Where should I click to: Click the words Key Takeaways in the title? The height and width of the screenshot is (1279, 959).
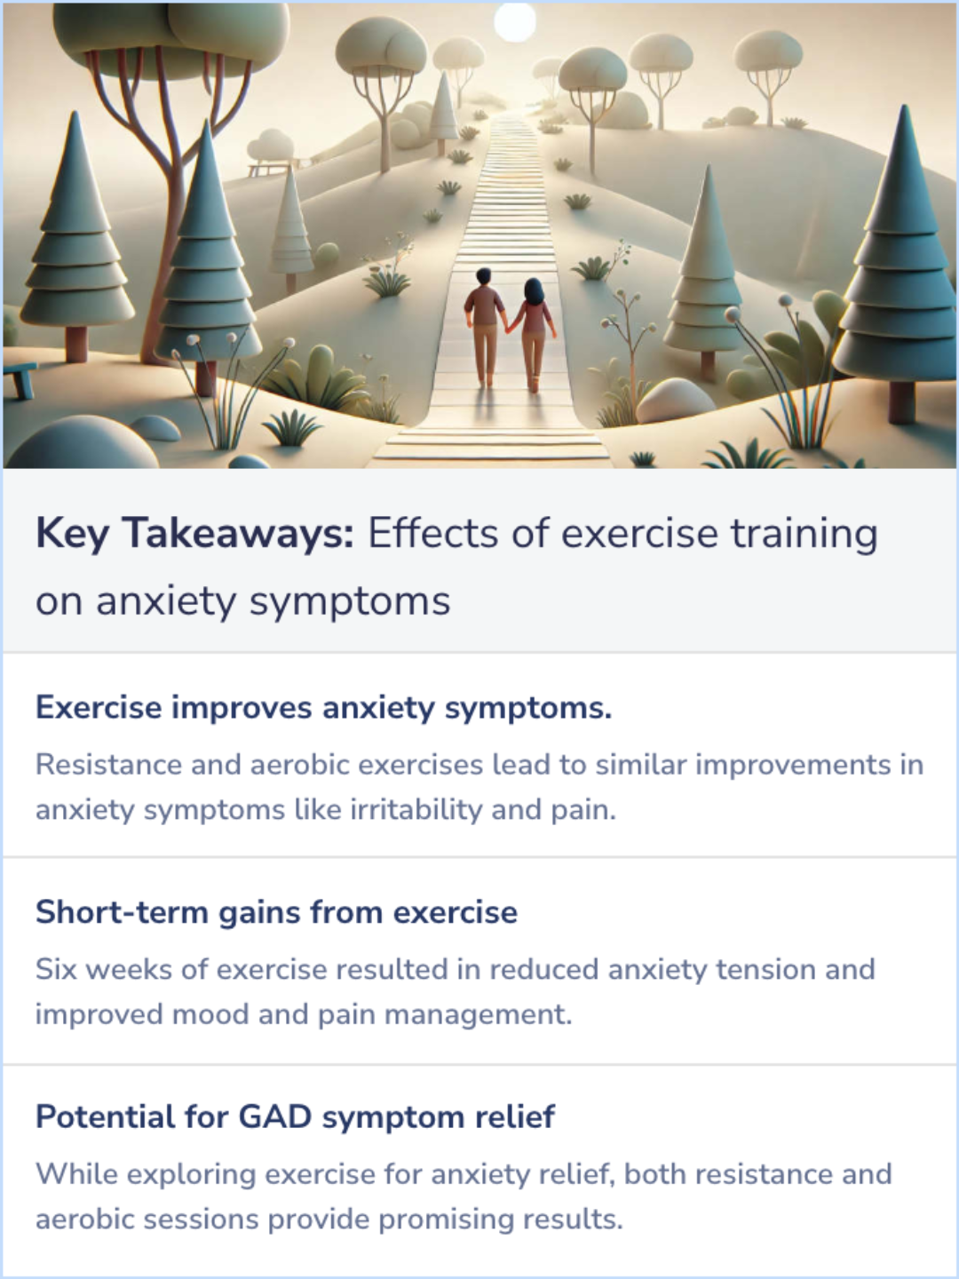click(x=194, y=535)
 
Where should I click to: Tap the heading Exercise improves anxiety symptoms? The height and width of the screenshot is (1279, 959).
click(x=323, y=708)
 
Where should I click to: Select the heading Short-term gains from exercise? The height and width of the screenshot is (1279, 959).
click(x=276, y=912)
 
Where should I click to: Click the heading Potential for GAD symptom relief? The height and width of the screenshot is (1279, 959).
click(x=295, y=1116)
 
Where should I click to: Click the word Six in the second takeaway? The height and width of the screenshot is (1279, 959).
click(x=56, y=969)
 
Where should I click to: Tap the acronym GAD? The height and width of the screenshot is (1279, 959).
click(x=275, y=1116)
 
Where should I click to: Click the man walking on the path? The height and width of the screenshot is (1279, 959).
click(x=484, y=325)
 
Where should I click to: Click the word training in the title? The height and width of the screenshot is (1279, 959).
click(x=804, y=535)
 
